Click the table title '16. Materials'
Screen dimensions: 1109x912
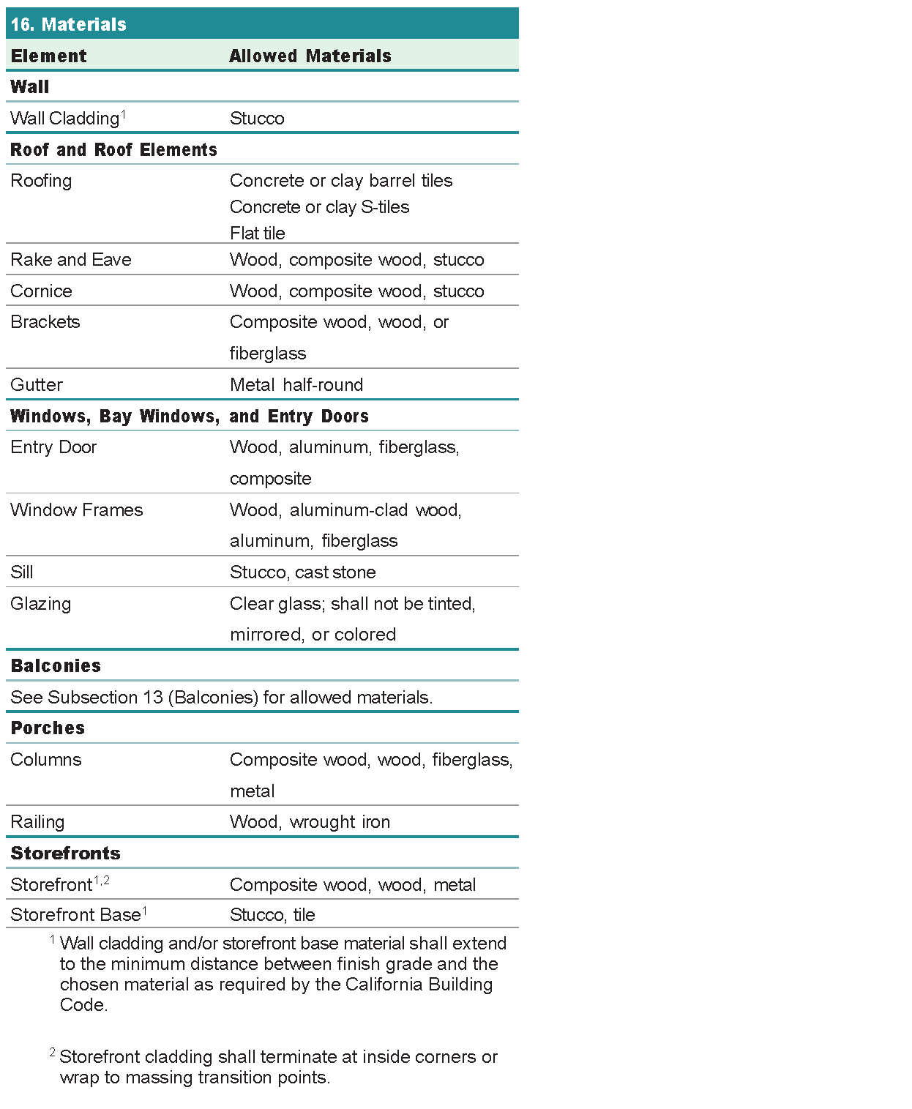pyautogui.click(x=69, y=24)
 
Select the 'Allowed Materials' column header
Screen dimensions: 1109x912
pyautogui.click(x=310, y=56)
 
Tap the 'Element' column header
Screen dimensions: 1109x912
pyautogui.click(x=48, y=56)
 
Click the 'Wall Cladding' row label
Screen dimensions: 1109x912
pyautogui.click(x=65, y=118)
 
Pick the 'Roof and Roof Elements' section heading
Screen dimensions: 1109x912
pyautogui.click(x=113, y=149)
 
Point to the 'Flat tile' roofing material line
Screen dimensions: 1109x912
pyautogui.click(x=257, y=233)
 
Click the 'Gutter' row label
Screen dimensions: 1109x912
pyautogui.click(x=37, y=384)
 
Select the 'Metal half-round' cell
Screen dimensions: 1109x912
pyautogui.click(x=296, y=384)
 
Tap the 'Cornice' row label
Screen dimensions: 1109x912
pyautogui.click(x=41, y=291)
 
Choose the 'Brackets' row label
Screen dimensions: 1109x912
pyautogui.click(x=45, y=322)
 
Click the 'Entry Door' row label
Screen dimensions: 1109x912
pyautogui.click(x=53, y=447)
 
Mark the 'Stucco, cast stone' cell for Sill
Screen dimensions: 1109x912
pyautogui.click(x=302, y=572)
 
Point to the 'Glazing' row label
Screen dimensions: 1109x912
pyautogui.click(x=41, y=603)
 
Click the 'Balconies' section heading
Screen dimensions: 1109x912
pyautogui.click(x=56, y=665)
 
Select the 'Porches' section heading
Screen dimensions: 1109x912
pyautogui.click(x=48, y=728)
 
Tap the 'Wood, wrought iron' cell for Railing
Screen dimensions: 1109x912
pyautogui.click(x=310, y=821)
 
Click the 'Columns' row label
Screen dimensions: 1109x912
pyautogui.click(x=46, y=759)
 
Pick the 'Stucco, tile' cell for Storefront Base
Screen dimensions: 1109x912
pyautogui.click(x=272, y=914)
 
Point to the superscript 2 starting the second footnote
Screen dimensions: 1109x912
pyautogui.click(x=53, y=1052)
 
